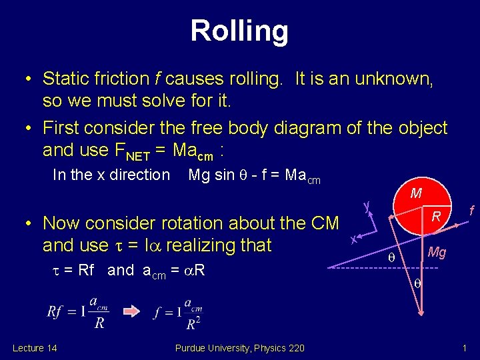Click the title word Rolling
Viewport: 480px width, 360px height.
pyautogui.click(x=239, y=31)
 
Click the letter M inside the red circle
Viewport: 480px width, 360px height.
pyautogui.click(x=416, y=194)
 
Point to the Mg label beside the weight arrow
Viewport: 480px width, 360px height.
pyautogui.click(x=437, y=252)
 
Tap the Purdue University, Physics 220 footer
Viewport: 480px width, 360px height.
pyautogui.click(x=239, y=347)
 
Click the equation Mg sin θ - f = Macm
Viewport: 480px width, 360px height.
pyautogui.click(x=254, y=175)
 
